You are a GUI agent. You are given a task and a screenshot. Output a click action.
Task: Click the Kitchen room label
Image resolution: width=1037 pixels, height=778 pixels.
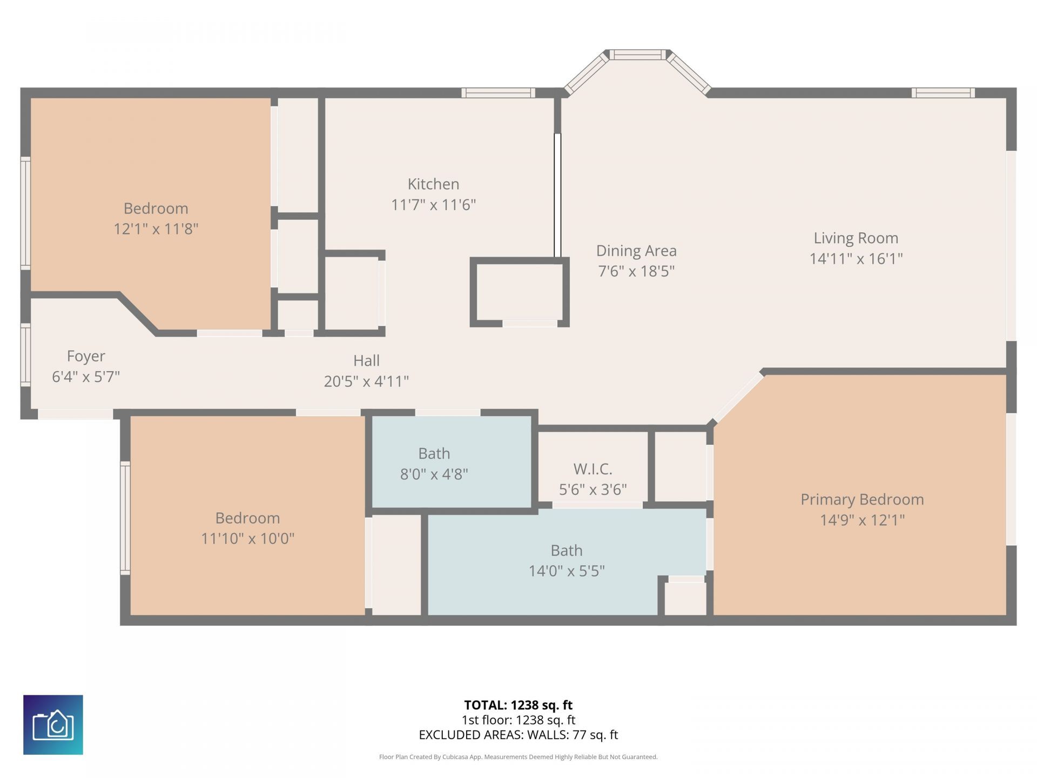(433, 184)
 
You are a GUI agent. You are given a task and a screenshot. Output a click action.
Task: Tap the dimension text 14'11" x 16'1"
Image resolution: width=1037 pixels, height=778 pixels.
(856, 259)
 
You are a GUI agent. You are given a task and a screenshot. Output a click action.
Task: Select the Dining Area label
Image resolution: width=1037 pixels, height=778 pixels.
(636, 251)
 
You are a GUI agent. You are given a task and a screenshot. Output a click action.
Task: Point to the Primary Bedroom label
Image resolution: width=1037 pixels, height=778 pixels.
(862, 499)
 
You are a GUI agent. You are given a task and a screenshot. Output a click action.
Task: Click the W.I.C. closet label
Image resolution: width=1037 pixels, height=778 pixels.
(592, 468)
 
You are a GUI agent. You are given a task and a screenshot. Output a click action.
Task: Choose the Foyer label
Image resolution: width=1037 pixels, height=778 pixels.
(86, 356)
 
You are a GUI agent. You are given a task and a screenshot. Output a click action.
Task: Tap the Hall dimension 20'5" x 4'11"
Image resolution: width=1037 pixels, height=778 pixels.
(366, 381)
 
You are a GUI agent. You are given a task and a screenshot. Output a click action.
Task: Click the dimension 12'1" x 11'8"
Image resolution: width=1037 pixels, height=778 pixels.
(156, 229)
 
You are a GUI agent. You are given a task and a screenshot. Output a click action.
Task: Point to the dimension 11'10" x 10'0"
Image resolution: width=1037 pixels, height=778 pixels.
(247, 539)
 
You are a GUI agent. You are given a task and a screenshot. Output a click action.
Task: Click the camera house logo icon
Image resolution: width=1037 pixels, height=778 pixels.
(53, 725)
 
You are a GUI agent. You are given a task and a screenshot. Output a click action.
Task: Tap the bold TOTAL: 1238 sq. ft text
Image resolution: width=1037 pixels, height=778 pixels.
(518, 705)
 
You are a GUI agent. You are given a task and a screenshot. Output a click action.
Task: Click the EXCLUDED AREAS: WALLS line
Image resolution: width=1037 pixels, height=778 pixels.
(518, 735)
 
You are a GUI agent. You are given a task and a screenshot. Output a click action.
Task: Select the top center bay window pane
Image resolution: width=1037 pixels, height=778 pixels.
(638, 55)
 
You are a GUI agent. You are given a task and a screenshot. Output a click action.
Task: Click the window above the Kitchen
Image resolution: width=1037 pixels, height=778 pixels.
(498, 93)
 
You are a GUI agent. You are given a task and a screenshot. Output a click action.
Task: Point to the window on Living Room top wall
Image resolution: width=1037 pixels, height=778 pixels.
(943, 93)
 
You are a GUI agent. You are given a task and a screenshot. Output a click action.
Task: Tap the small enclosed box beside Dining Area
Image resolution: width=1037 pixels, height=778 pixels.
(520, 292)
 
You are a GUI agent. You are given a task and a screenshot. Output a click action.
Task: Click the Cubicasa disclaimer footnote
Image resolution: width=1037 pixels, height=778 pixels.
(518, 757)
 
